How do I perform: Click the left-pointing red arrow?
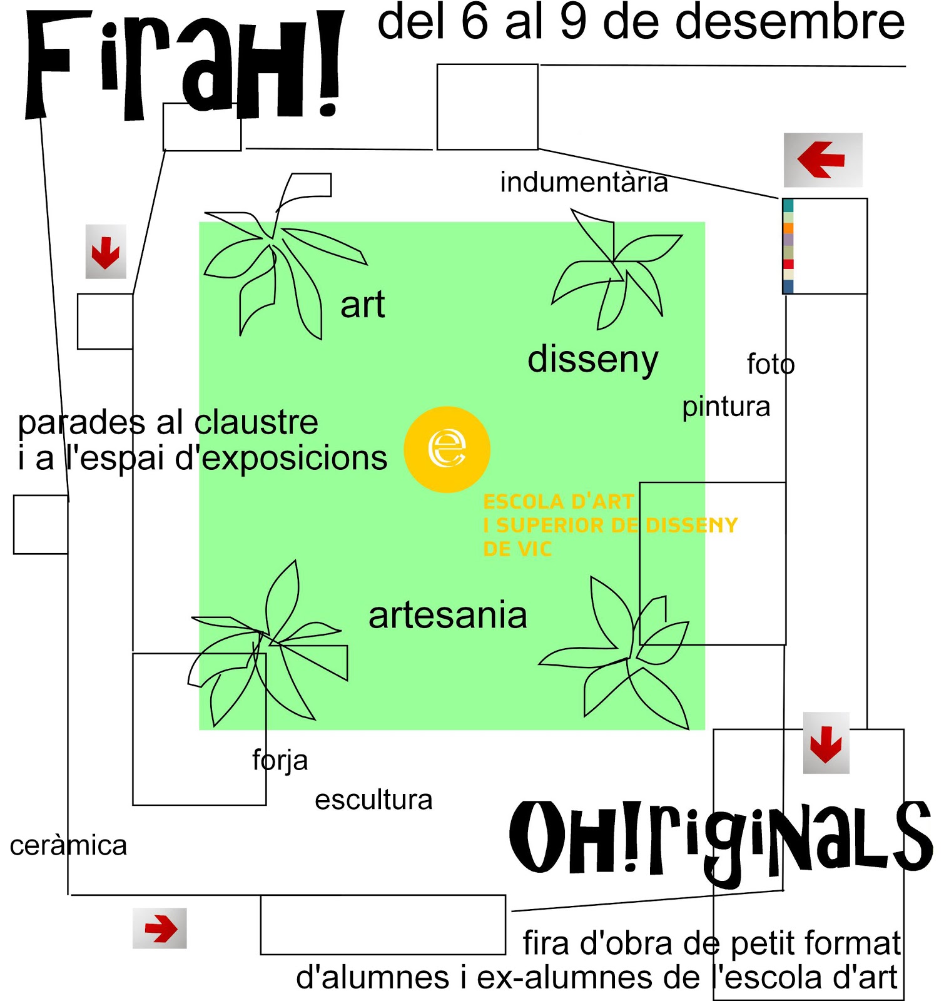point(821,160)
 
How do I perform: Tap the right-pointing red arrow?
point(161,928)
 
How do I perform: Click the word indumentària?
point(584,183)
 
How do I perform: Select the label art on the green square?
point(362,306)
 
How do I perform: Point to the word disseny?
point(592,360)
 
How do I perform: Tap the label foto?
point(770,364)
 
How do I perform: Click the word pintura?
point(726,407)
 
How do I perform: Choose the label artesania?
point(447,616)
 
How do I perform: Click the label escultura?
point(373,800)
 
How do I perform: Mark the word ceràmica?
point(68,846)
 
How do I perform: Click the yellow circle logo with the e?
point(447,449)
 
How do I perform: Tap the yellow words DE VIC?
point(517,549)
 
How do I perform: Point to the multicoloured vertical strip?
point(788,246)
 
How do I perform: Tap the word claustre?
point(256,423)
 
